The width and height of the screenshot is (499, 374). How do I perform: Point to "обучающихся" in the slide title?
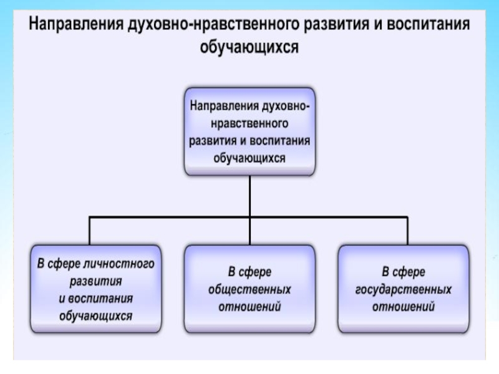[249, 47]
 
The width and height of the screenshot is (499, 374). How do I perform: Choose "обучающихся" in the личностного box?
[94, 316]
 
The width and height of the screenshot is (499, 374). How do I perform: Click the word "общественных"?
[249, 290]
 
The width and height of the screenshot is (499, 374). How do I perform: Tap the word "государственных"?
[404, 290]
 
